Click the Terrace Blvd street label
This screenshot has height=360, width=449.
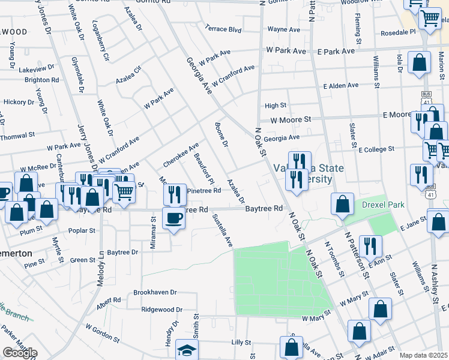pos(223,28)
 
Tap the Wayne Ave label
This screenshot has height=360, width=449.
pos(283,28)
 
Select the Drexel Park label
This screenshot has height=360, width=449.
pos(383,205)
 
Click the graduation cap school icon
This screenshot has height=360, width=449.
pos(187,350)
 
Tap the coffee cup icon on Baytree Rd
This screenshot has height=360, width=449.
pos(174,218)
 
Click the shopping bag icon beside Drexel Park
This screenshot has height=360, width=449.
pos(342,204)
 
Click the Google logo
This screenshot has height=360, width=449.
pos(20,353)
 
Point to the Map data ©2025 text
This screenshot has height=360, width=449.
pos(423,355)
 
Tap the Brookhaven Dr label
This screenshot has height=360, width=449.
pos(155,292)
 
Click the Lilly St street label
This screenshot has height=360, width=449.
pos(241,343)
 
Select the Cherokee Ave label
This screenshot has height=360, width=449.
pos(181,156)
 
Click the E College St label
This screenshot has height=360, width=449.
pos(376,149)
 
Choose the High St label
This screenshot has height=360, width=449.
pos(276,106)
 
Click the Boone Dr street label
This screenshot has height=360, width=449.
pos(221,135)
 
